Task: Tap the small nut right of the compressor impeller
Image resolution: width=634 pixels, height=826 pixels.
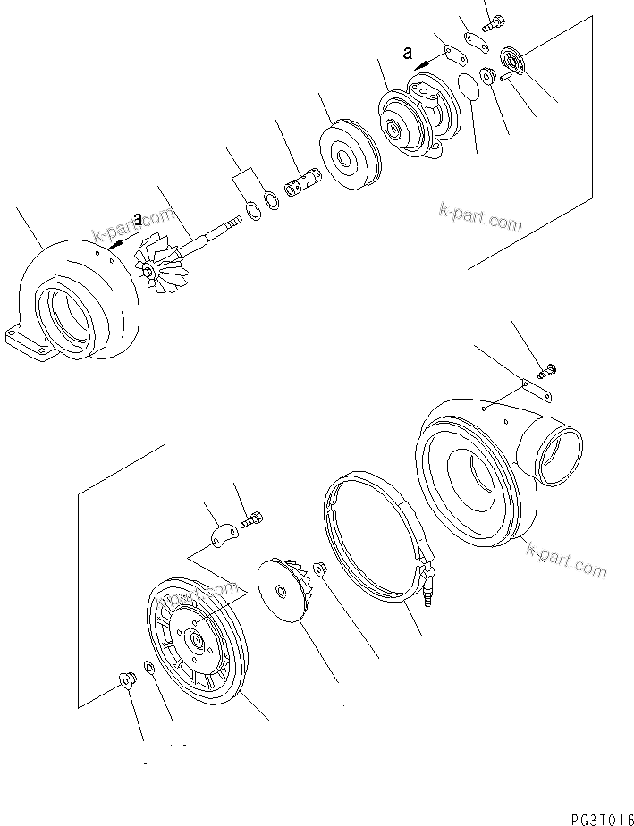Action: (320, 568)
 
